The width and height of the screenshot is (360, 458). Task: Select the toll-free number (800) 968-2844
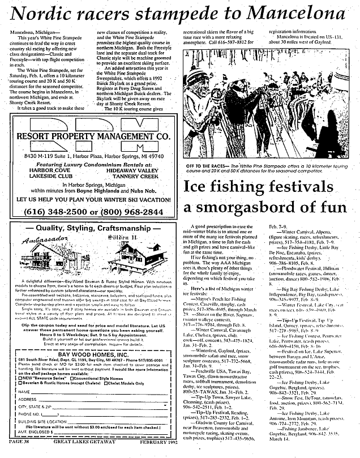tap(132, 211)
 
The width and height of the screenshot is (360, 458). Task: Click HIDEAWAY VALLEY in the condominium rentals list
tap(132, 170)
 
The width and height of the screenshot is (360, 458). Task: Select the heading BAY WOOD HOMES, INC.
tap(91, 338)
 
